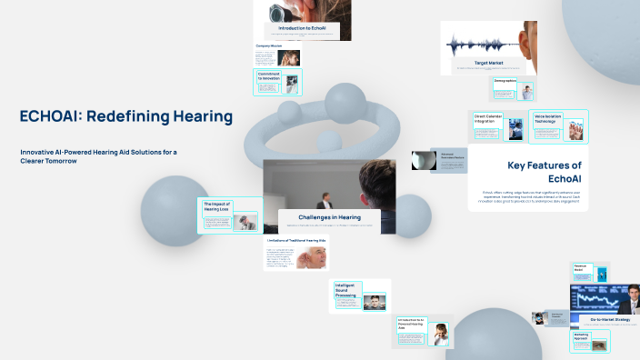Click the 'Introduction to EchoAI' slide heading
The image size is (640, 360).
(302, 29)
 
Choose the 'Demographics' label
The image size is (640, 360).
(505, 81)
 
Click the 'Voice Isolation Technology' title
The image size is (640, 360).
(548, 119)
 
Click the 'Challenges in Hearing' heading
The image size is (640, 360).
(329, 217)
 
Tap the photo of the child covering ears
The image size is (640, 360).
(441, 334)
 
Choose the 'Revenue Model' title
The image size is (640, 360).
(578, 269)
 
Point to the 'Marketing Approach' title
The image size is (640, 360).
(582, 336)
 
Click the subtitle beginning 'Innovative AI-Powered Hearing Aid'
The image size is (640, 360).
(100, 155)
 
